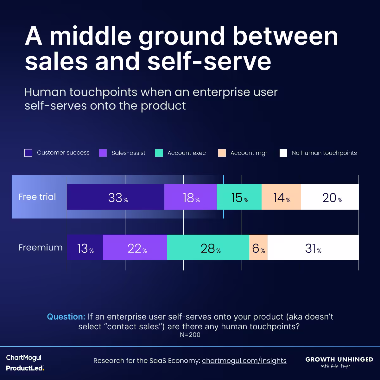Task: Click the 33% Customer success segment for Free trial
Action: [116, 197]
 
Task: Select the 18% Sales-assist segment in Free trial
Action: [191, 197]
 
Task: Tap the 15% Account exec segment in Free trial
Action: [239, 197]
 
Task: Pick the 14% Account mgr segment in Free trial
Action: [281, 197]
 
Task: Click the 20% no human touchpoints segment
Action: [330, 197]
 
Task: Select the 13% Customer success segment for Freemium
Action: [85, 248]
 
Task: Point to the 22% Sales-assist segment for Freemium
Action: [135, 248]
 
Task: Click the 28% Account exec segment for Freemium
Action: [208, 248]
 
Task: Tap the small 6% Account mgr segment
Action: [258, 248]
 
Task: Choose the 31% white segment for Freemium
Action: [313, 248]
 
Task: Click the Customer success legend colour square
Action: [28, 153]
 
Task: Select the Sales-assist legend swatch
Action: [103, 153]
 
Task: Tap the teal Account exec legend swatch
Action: [159, 153]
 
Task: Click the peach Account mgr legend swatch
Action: [222, 153]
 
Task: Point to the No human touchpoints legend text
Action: [324, 153]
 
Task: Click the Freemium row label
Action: [40, 247]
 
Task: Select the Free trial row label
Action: [37, 197]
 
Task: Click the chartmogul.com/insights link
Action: [244, 360]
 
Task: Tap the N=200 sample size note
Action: [190, 335]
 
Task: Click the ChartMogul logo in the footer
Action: [24, 358]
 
